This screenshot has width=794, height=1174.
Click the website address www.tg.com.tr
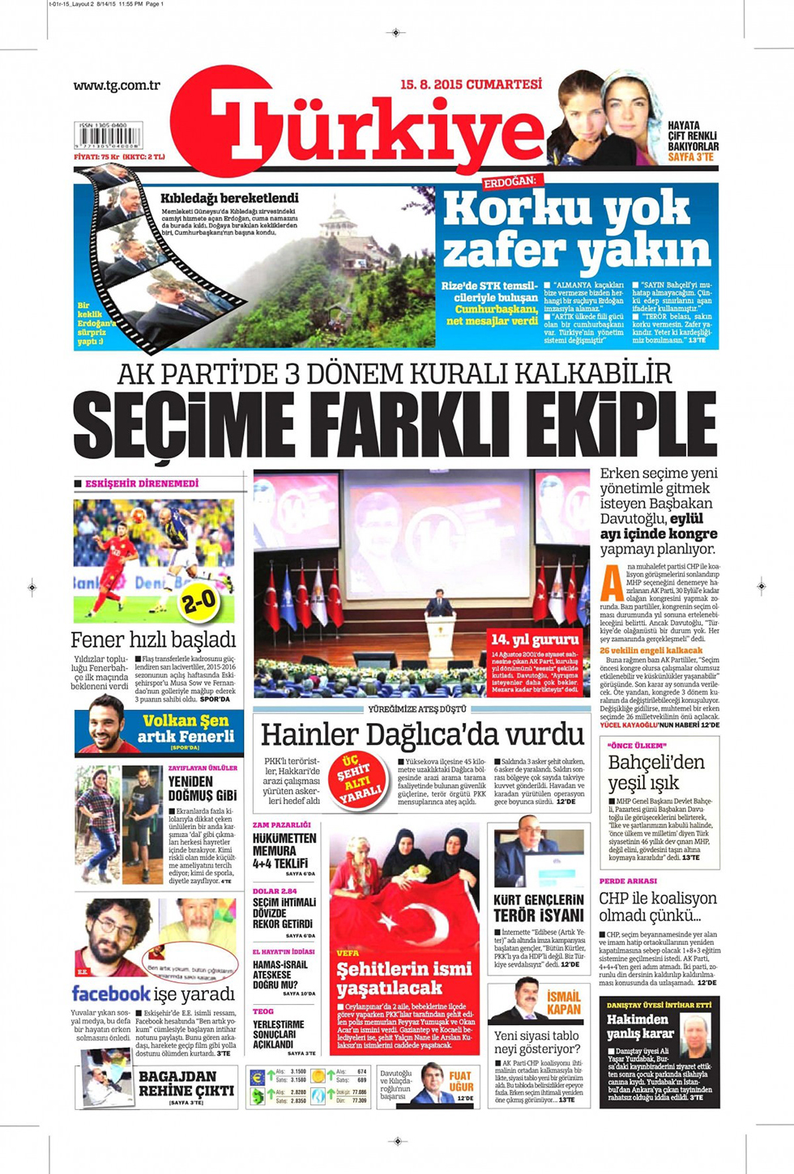[117, 85]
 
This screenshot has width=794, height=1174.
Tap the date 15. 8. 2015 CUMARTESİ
[470, 84]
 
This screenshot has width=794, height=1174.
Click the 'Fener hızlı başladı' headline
[153, 640]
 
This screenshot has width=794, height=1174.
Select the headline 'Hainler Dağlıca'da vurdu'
[422, 734]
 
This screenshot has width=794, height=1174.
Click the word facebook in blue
[111, 993]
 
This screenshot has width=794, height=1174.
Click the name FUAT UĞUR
[461, 1083]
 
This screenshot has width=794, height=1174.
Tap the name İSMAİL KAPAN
[563, 1003]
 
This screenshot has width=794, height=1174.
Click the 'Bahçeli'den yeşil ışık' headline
[656, 772]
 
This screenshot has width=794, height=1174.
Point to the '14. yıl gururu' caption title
[535, 640]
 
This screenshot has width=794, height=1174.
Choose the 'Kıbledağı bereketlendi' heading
[229, 198]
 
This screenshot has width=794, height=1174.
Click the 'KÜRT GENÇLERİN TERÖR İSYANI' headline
[539, 908]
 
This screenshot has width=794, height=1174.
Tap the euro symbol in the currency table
[258, 1077]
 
